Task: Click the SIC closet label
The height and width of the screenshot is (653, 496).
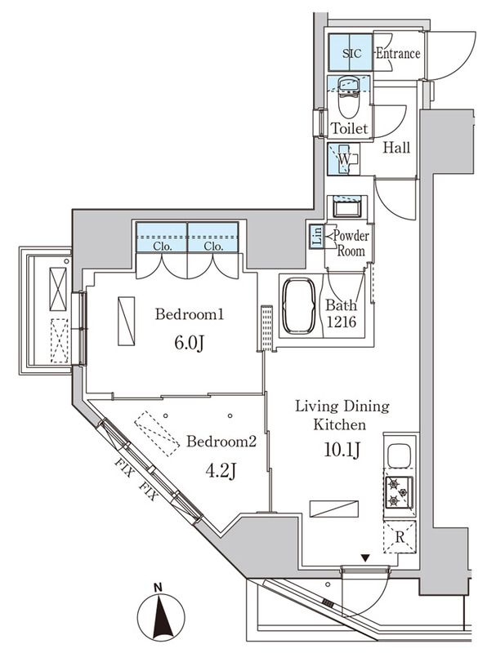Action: coord(351,54)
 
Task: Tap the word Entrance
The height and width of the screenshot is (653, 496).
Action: coord(397,54)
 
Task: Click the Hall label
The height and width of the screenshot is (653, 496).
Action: coord(397,148)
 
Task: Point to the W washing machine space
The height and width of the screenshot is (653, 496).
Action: coord(345,158)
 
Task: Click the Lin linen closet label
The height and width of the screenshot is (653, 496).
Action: coord(316,237)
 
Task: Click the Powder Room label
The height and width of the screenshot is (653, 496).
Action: coord(350,243)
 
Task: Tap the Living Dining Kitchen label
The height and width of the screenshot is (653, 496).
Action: coord(342,415)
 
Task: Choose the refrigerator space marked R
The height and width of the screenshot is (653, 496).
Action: coord(398,536)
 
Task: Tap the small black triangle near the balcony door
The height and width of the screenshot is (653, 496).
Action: coord(364,559)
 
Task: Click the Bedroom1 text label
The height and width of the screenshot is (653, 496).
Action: coord(190,314)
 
